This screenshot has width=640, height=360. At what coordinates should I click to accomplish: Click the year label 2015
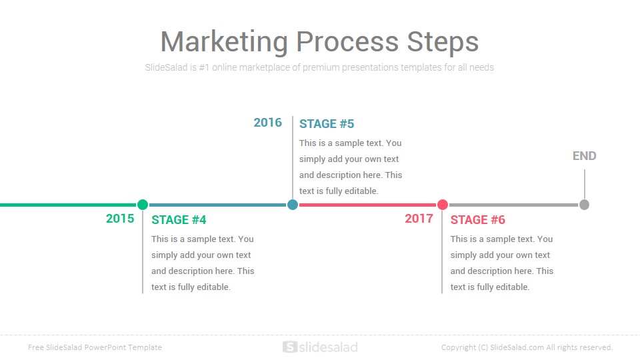[x=120, y=219]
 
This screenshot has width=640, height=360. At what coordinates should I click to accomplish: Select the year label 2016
[x=268, y=123]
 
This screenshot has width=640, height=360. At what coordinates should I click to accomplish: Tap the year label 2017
[x=419, y=219]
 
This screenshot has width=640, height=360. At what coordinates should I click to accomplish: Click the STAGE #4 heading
[x=179, y=220]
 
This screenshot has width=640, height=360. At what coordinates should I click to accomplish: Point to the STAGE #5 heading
[x=327, y=124]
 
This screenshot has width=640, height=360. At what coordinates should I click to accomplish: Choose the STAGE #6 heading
[x=477, y=220]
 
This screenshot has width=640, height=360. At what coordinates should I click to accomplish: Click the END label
[x=585, y=156]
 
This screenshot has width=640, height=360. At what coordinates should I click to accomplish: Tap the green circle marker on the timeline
[x=143, y=205]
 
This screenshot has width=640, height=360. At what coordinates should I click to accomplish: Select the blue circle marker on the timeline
[x=292, y=205]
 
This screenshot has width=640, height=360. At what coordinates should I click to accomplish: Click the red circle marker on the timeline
[x=443, y=205]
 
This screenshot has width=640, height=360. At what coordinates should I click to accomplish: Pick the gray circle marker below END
[x=584, y=205]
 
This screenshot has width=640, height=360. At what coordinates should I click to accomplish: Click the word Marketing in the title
[x=225, y=42]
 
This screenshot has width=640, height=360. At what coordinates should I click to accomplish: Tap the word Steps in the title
[x=443, y=42]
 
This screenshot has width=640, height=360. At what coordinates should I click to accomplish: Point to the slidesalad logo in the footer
[x=320, y=347]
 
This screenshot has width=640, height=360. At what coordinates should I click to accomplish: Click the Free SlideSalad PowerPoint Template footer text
[x=95, y=347]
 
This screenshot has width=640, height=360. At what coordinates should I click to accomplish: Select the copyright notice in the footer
[x=527, y=347]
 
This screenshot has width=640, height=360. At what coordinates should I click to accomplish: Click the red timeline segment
[x=367, y=205]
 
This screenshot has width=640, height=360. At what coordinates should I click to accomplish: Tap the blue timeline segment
[x=217, y=205]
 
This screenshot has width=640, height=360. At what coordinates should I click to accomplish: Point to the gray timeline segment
[x=513, y=205]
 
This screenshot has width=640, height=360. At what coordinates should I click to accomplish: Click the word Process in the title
[x=347, y=42]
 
